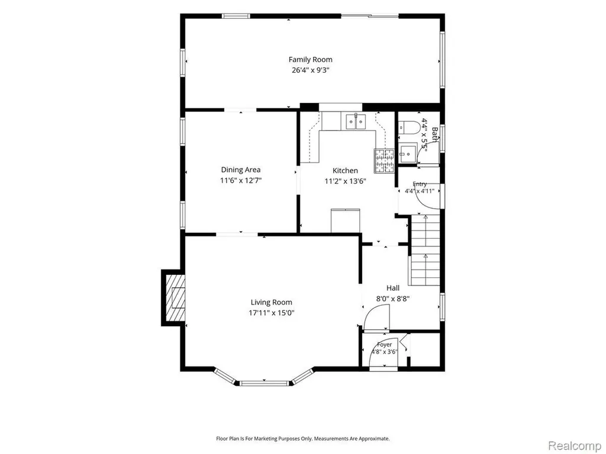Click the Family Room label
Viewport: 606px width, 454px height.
(x=310, y=60)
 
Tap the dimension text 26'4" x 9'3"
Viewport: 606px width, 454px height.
(x=310, y=70)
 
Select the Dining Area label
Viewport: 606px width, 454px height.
(x=241, y=170)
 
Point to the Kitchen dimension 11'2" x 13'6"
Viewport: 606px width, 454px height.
(x=345, y=181)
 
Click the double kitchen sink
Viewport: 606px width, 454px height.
(x=355, y=122)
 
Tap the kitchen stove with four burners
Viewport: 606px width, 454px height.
(x=383, y=161)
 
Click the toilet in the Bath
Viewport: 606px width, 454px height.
(x=409, y=127)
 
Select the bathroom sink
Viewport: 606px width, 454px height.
(x=408, y=153)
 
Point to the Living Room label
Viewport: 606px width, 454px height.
(x=271, y=302)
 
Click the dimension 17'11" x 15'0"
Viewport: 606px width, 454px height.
(x=271, y=313)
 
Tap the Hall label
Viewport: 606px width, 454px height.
(x=393, y=288)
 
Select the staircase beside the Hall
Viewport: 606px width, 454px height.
(x=425, y=251)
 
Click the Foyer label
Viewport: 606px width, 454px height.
(x=385, y=345)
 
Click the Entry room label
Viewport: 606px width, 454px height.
(x=420, y=184)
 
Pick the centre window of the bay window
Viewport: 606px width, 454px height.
(x=265, y=383)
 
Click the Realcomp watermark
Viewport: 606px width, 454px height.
(x=575, y=446)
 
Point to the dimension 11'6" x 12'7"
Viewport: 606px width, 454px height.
(x=241, y=180)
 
